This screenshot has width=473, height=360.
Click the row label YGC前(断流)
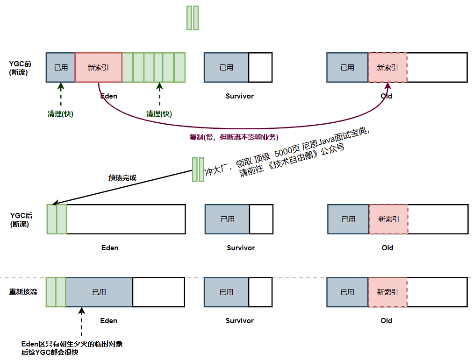point(20,68)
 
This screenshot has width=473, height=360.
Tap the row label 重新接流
point(23,291)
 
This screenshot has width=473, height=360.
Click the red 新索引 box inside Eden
point(98,67)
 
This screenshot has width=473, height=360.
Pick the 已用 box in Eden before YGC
point(61,67)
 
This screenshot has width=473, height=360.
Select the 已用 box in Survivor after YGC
point(228,219)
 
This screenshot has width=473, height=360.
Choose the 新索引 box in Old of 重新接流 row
point(387,292)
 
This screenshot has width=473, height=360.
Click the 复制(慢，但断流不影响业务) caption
point(233,137)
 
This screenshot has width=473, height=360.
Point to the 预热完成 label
point(122,177)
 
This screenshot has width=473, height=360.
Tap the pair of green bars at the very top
point(193,18)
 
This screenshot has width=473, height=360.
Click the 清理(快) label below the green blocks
point(159,113)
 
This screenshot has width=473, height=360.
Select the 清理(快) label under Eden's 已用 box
point(60,113)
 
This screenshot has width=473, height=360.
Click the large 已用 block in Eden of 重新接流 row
point(99,292)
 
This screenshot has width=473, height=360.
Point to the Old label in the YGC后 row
point(387,248)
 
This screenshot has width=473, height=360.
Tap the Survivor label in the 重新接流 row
point(240,321)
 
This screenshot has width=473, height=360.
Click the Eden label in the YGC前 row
point(109,96)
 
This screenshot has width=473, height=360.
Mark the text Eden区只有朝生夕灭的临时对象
point(72,344)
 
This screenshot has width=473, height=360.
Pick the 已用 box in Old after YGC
point(348,219)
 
